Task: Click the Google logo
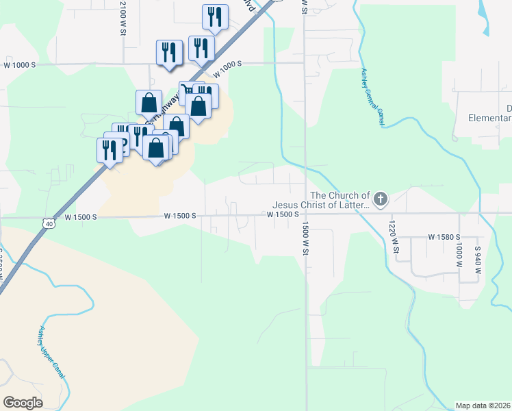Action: click(x=23, y=402)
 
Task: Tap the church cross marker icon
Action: click(x=381, y=199)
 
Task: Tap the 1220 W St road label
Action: click(x=393, y=236)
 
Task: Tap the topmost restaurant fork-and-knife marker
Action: click(x=214, y=16)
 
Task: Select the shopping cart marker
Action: click(x=188, y=91)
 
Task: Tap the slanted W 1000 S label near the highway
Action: click(x=228, y=69)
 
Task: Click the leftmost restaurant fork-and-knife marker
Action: click(x=110, y=149)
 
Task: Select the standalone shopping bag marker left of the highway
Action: click(x=149, y=103)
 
